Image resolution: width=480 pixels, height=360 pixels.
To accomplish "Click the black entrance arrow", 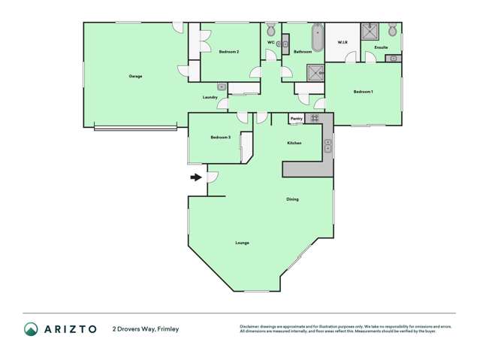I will [196, 177].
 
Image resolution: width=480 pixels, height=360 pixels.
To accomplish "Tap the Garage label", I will [135, 76].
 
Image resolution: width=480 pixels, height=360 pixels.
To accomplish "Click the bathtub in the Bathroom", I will [317, 38].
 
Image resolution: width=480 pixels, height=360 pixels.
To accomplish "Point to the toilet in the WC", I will [270, 32].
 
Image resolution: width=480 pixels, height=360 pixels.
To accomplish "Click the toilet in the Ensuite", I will [392, 31].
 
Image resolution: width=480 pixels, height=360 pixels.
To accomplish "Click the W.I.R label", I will [342, 42].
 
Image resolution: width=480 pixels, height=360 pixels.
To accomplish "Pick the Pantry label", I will [297, 118].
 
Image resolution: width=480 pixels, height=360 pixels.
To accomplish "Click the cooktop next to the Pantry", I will [315, 118].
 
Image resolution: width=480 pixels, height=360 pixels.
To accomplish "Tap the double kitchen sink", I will [328, 145].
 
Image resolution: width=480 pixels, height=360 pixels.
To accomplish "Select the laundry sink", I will [222, 87].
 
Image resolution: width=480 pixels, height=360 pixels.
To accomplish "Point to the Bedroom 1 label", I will [364, 92].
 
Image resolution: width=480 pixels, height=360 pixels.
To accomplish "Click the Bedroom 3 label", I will [220, 138].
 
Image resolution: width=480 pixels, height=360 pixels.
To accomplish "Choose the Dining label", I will [292, 199].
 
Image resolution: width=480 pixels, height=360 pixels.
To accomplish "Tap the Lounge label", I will [242, 243].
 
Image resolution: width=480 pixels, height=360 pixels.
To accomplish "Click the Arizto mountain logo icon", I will [31, 328].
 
